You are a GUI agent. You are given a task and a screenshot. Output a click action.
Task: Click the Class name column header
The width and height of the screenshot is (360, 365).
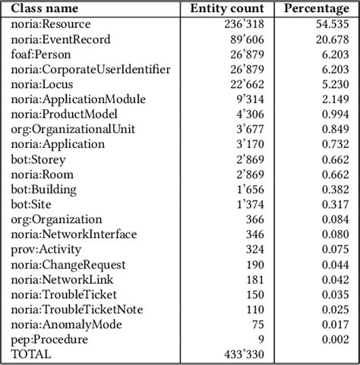pyautogui.click(x=45, y=9)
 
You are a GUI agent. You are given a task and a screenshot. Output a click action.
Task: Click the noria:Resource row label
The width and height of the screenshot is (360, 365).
pyautogui.click(x=51, y=24)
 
